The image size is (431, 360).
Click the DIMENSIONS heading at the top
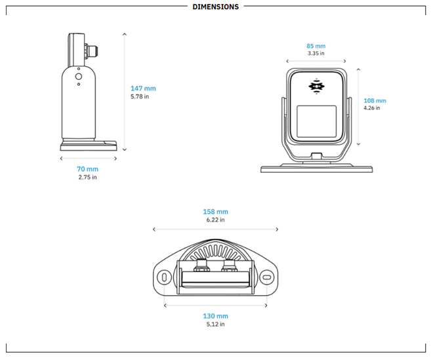[215, 7]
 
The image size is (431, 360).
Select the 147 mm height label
[143, 88]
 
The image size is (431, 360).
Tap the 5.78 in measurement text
[140, 96]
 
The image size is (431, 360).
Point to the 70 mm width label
[87, 169]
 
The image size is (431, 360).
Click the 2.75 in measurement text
[87, 177]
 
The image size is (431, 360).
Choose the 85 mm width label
[316, 47]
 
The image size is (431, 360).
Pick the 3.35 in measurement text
[316, 54]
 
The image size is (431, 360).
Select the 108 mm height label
[375, 101]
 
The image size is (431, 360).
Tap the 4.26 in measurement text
[372, 108]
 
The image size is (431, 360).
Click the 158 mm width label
[215, 212]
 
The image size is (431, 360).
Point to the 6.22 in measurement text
[215, 220]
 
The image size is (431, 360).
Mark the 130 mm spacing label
[215, 316]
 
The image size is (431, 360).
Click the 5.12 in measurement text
[215, 324]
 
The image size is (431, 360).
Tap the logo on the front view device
[317, 87]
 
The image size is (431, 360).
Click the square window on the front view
[317, 121]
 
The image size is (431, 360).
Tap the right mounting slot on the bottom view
[266, 277]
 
